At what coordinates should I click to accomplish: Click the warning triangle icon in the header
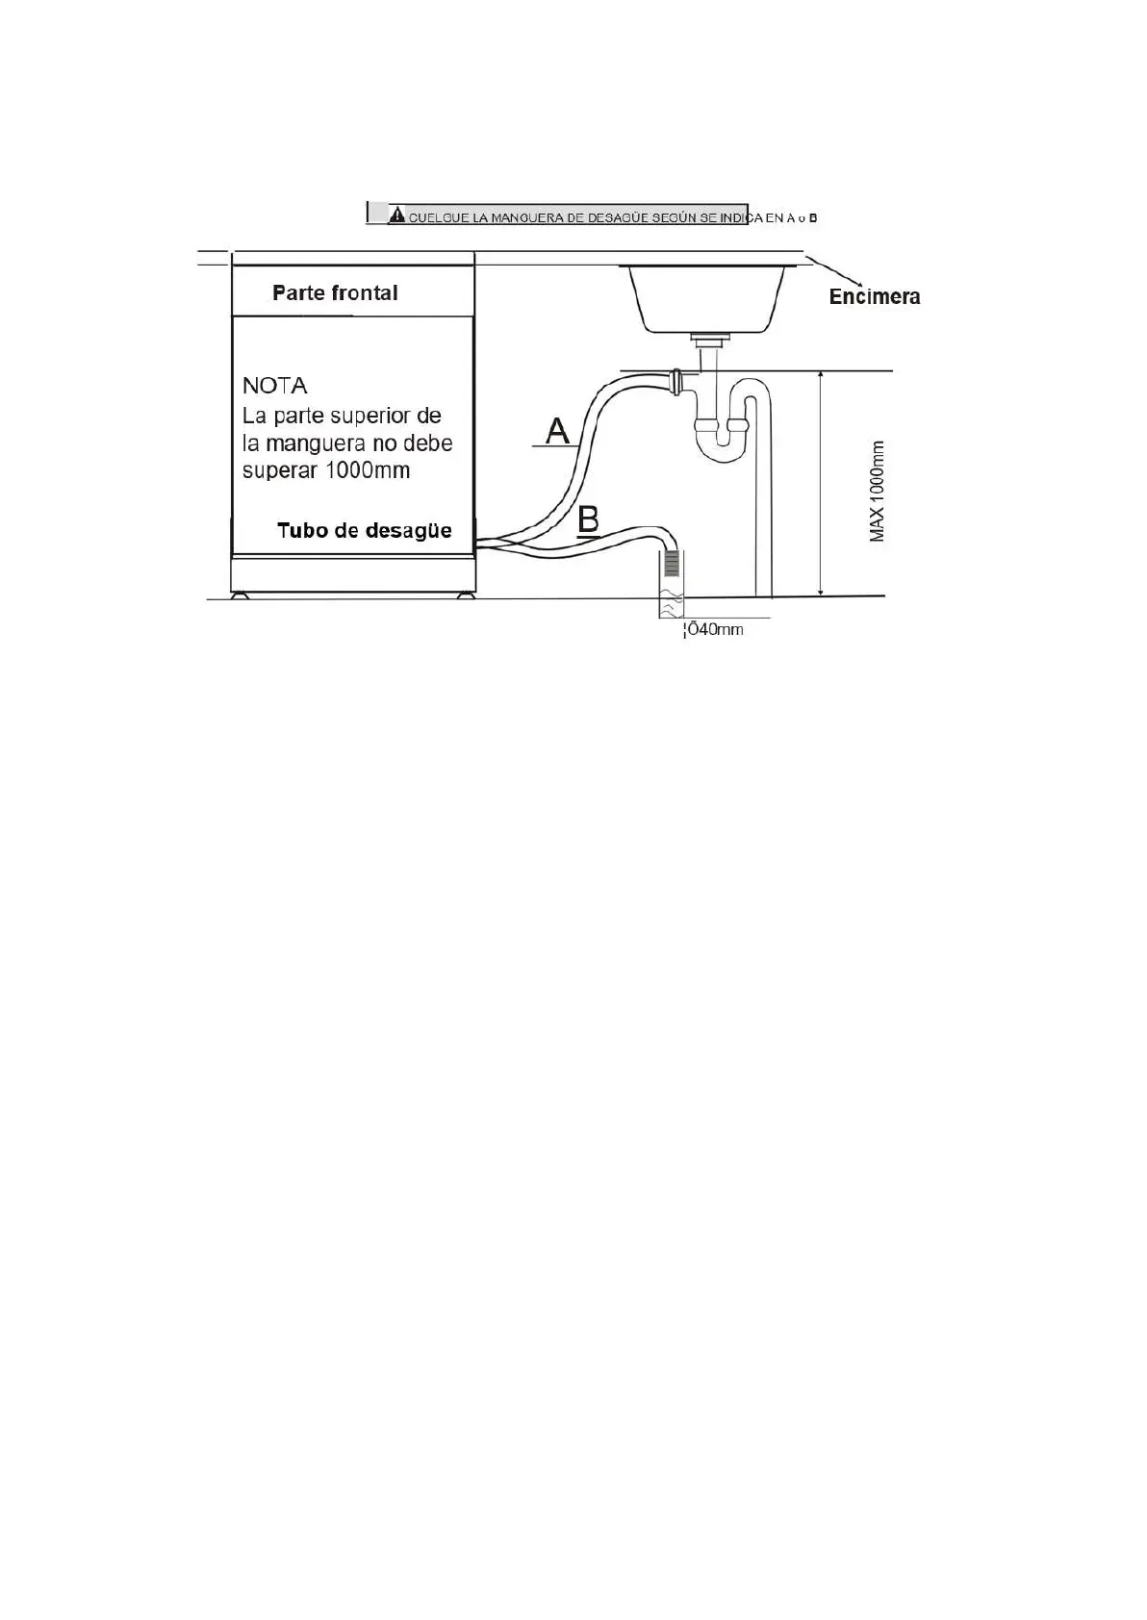pos(396,215)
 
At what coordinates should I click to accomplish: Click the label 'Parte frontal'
pos(335,292)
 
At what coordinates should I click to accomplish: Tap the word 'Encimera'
pos(874,296)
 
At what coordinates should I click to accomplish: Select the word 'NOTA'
pos(274,386)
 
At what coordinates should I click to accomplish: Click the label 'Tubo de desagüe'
pos(364,530)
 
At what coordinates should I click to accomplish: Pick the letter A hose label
pos(557,430)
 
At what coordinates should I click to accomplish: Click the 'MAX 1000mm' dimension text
pos(877,491)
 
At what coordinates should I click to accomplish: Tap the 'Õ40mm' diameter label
pos(714,629)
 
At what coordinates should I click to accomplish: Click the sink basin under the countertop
pos(706,298)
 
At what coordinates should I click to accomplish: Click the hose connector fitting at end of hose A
pos(677,382)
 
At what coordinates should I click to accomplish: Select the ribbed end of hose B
pos(671,563)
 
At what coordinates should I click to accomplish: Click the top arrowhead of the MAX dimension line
pos(820,376)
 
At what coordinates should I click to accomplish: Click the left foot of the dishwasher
pos(239,595)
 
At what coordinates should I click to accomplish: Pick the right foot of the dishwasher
pos(467,595)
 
